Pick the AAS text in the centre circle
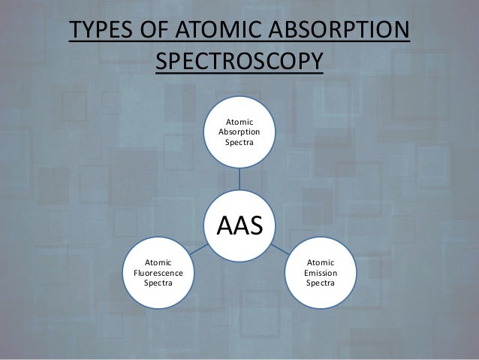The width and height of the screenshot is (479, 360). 240,223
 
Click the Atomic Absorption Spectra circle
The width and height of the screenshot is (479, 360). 239,132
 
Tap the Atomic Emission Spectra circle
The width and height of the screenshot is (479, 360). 321,274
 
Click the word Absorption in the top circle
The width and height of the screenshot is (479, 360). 239,132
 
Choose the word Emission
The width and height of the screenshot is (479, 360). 321,274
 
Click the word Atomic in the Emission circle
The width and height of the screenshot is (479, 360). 321,263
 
